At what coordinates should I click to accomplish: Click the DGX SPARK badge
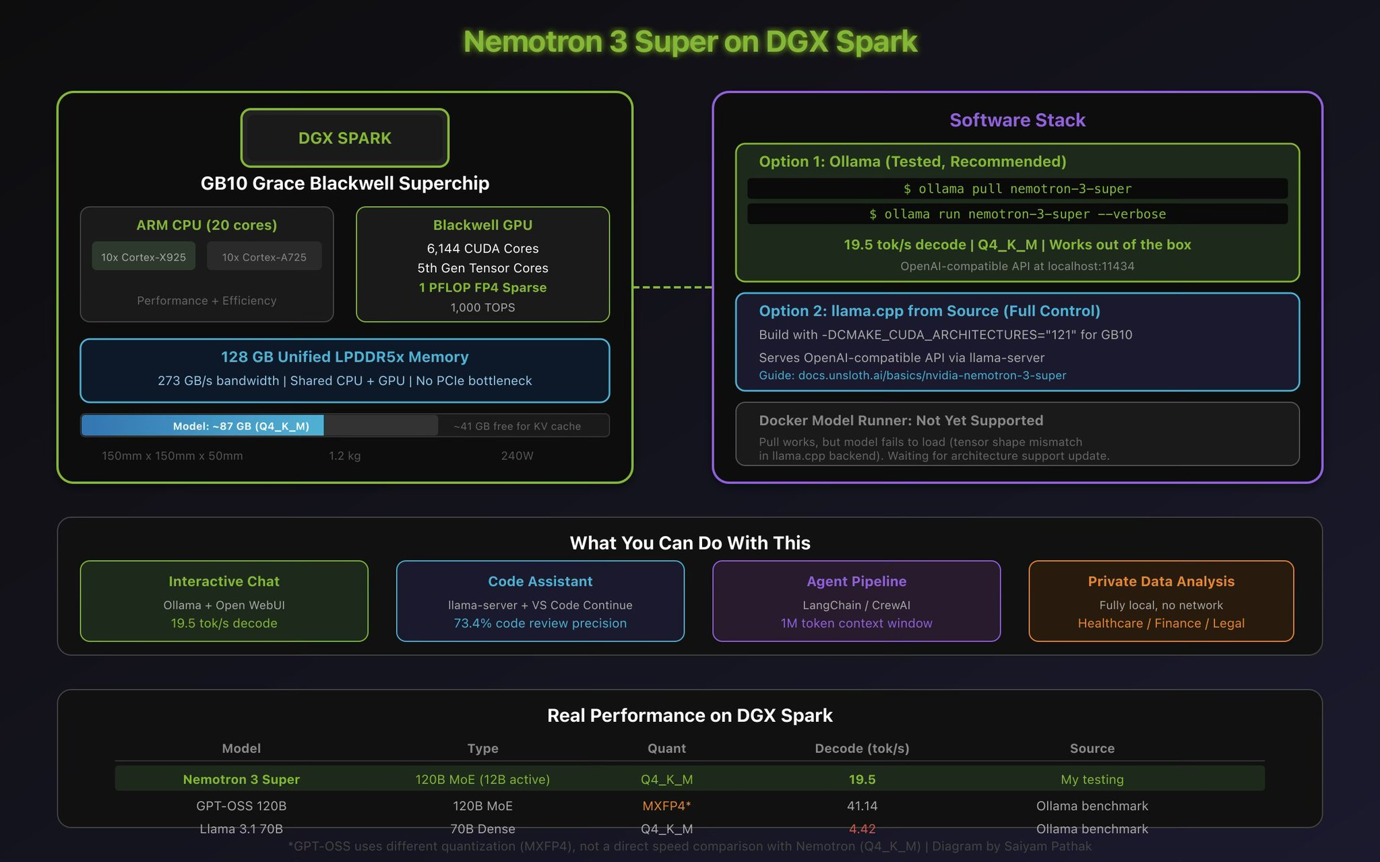pyautogui.click(x=344, y=138)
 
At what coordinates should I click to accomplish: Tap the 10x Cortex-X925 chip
pyautogui.click(x=144, y=257)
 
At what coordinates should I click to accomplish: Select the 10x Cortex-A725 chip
pyautogui.click(x=264, y=257)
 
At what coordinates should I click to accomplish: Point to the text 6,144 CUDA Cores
pyautogui.click(x=482, y=248)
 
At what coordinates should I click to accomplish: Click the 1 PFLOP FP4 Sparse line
pyautogui.click(x=482, y=288)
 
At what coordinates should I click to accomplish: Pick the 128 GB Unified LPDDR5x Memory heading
pyautogui.click(x=344, y=357)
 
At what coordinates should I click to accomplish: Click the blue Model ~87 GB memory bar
pyautogui.click(x=203, y=426)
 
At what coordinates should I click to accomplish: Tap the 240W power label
pyautogui.click(x=517, y=456)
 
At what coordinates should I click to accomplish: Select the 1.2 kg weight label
pyautogui.click(x=344, y=456)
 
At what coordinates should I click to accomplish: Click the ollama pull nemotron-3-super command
pyautogui.click(x=1017, y=189)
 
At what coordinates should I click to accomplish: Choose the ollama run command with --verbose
pyautogui.click(x=1017, y=214)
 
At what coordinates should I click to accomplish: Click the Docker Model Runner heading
pyautogui.click(x=901, y=420)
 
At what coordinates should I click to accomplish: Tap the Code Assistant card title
pyautogui.click(x=540, y=581)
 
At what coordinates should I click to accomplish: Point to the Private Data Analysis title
pyautogui.click(x=1161, y=581)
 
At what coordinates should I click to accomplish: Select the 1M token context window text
pyautogui.click(x=856, y=623)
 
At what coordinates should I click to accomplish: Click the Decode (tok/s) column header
pyautogui.click(x=862, y=748)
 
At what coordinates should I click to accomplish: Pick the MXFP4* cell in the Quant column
pyautogui.click(x=666, y=805)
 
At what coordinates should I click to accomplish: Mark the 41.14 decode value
pyautogui.click(x=862, y=805)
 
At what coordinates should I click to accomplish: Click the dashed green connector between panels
pyautogui.click(x=672, y=288)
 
